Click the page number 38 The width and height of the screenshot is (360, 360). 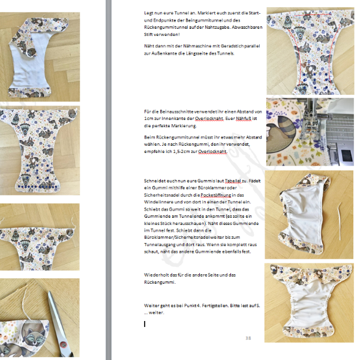pos(248,338)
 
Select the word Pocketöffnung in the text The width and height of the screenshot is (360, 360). pos(216,195)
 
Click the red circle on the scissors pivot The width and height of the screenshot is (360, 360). pos(62,344)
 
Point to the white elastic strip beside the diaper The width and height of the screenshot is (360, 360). pos(339,221)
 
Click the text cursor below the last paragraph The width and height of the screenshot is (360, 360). pos(145,324)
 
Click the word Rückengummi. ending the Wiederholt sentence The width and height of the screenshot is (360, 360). pos(160,282)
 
